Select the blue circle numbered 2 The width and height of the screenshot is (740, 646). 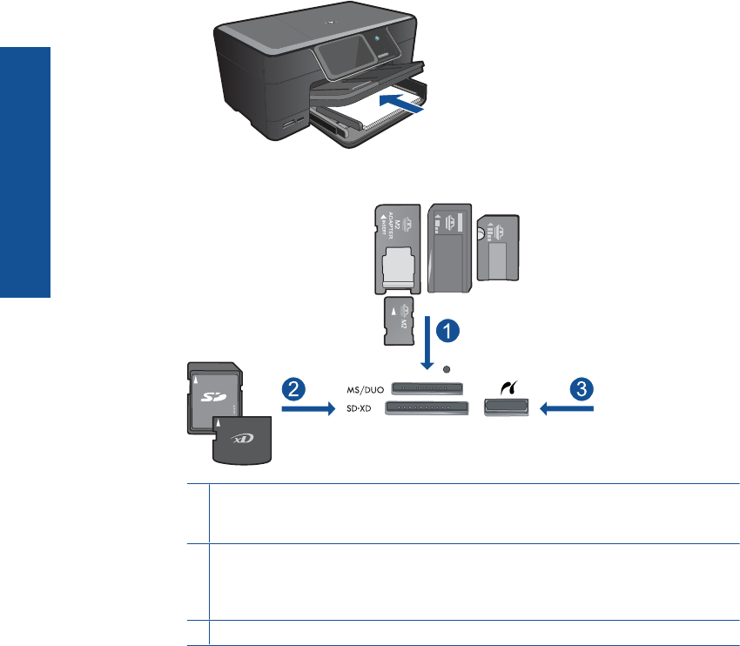coord(294,388)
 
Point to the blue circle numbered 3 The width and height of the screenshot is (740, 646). coord(580,388)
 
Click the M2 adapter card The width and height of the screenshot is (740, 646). coord(399,248)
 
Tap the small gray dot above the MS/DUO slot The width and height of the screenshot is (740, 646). coord(447,369)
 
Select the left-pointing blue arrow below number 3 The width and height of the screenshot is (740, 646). coord(565,407)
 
